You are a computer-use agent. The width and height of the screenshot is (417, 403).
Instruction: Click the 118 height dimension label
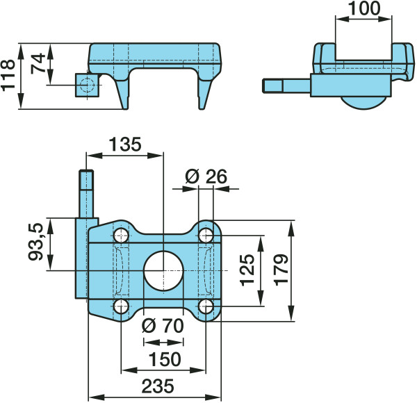[8, 76]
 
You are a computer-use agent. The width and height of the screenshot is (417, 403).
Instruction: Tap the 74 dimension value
[38, 63]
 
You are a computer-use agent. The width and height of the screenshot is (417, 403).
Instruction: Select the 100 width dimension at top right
[364, 8]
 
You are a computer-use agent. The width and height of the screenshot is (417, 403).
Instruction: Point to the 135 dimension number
[125, 145]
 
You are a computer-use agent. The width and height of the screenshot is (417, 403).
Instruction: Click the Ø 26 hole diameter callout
[206, 176]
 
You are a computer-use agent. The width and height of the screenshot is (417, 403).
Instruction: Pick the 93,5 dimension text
[35, 242]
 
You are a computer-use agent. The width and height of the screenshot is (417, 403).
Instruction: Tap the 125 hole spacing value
[247, 270]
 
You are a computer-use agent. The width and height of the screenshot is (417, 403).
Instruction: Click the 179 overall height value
[281, 270]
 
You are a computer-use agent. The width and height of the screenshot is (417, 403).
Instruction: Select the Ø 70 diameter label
[163, 326]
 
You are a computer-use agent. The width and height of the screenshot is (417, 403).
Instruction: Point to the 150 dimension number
[165, 359]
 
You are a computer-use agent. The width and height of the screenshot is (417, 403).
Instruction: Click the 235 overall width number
[158, 386]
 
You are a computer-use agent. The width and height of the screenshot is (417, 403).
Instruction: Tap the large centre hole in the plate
[163, 270]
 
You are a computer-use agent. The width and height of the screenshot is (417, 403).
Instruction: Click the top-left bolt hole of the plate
[121, 236]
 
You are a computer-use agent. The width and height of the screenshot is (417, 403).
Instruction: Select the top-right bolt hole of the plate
[206, 236]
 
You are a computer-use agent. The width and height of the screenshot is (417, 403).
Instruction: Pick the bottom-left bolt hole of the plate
[121, 306]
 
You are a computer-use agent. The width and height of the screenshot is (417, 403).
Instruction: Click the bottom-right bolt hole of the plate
[206, 306]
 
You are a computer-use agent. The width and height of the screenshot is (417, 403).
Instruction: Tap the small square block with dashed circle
[88, 85]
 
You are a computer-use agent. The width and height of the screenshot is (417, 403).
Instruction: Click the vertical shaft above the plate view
[86, 194]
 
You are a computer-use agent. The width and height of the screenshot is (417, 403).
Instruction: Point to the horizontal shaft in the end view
[286, 85]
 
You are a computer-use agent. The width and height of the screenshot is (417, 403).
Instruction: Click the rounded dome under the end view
[364, 103]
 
